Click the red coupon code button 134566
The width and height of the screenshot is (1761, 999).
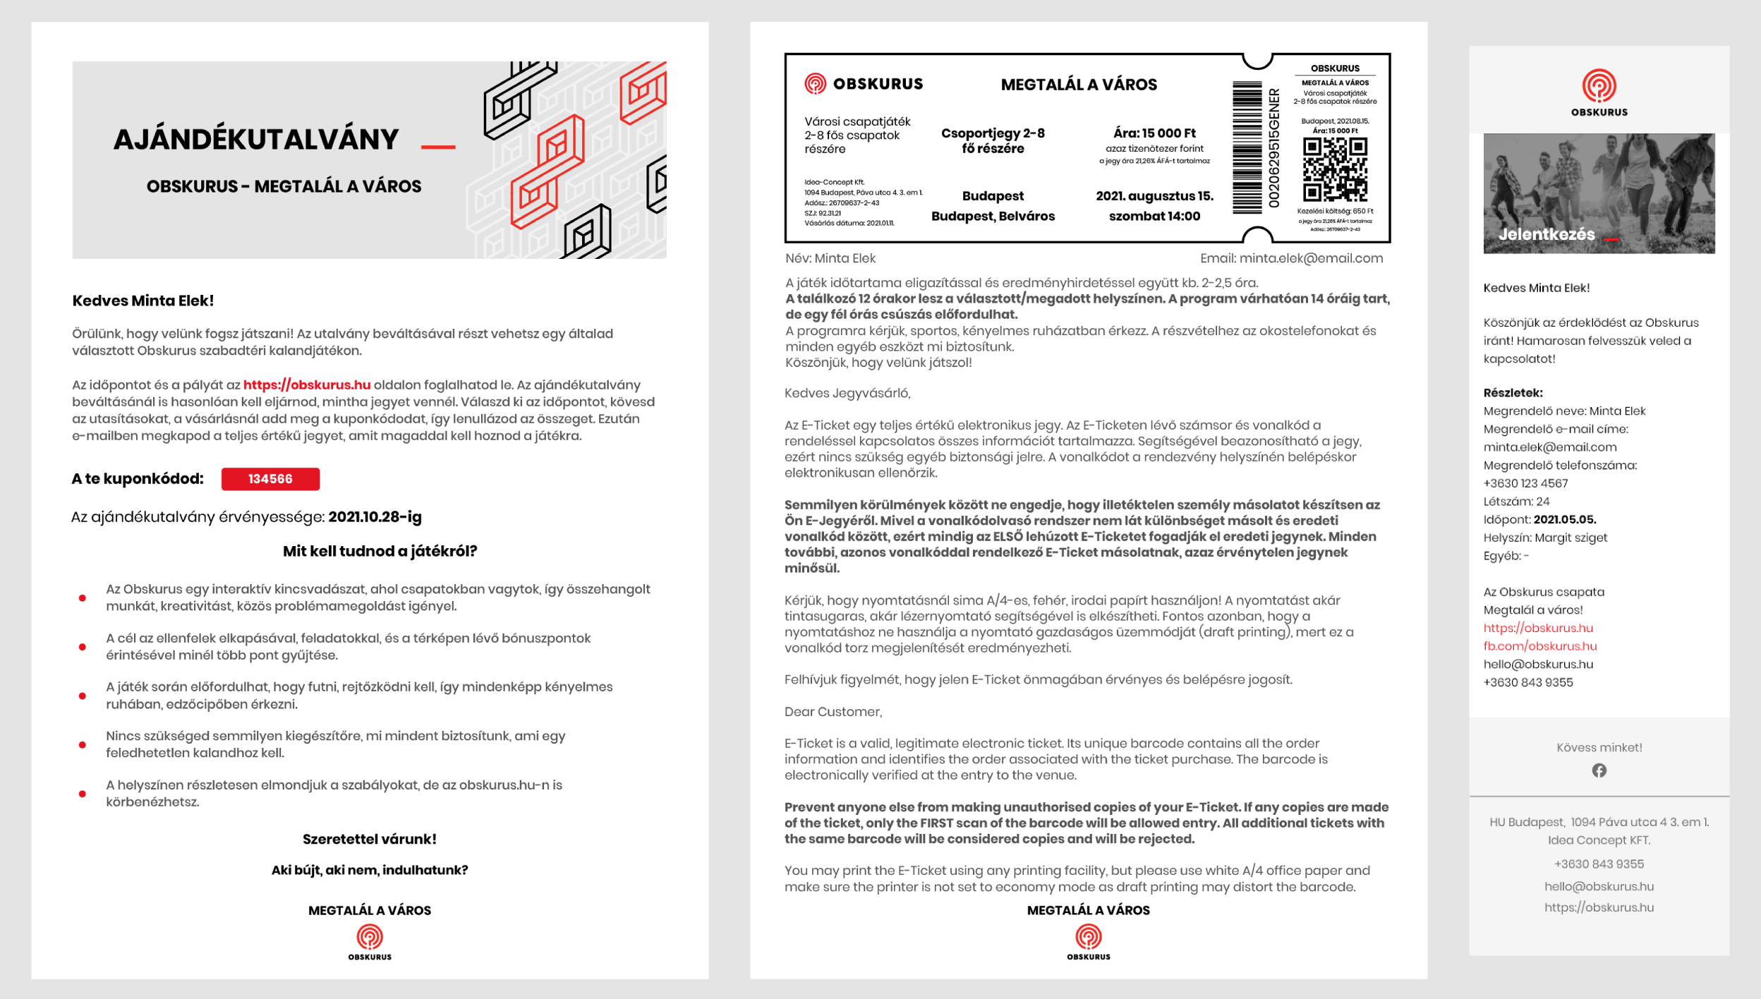(270, 479)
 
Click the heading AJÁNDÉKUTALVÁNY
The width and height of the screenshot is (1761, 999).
(256, 140)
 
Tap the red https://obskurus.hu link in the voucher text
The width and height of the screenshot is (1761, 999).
(307, 385)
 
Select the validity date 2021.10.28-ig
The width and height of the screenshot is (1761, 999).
(375, 517)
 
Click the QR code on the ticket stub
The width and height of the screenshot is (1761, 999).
(1335, 169)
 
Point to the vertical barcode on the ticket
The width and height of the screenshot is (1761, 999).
(1247, 147)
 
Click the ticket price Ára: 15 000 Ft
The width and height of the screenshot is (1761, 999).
(1154, 133)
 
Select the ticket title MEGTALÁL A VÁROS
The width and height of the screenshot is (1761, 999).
(1079, 85)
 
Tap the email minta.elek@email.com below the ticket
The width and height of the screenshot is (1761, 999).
(1311, 258)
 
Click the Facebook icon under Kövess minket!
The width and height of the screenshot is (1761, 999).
(1599, 770)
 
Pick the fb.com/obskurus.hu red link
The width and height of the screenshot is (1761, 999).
(1539, 646)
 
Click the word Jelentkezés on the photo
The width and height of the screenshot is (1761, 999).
(1547, 234)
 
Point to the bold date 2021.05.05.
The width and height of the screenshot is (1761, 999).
(1564, 520)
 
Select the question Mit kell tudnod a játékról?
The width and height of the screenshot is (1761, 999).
(380, 551)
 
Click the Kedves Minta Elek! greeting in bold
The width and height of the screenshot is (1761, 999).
(143, 301)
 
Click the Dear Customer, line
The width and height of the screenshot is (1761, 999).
(833, 712)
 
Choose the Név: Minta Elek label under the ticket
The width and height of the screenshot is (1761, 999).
(830, 258)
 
